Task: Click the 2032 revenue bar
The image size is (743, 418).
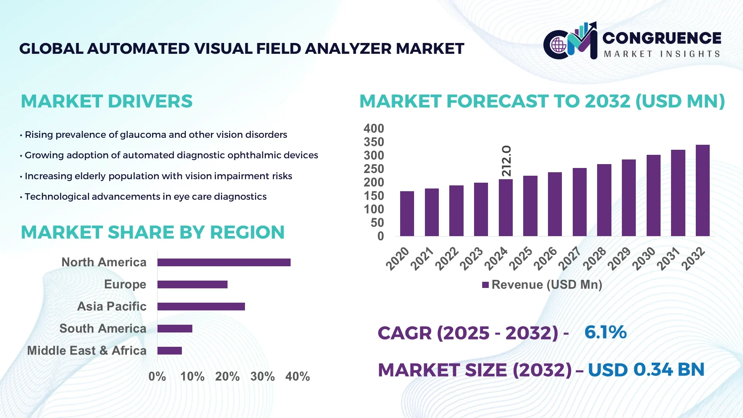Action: [702, 190]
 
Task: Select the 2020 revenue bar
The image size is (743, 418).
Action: [407, 214]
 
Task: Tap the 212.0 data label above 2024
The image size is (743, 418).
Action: [506, 161]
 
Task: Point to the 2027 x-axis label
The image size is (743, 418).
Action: [570, 258]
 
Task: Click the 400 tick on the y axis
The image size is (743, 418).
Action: [373, 128]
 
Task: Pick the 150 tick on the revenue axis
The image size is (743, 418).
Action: [373, 196]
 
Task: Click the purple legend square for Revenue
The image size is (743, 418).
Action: [485, 285]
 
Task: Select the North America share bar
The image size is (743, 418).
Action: [224, 262]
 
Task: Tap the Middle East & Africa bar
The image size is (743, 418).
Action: [169, 351]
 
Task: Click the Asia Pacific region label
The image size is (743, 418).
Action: [111, 307]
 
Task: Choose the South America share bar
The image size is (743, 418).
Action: [175, 329]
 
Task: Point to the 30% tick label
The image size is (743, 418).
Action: [262, 377]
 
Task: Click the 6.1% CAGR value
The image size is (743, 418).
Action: [605, 332]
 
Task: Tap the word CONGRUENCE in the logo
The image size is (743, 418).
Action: [662, 38]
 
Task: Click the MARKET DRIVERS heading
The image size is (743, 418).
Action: [106, 101]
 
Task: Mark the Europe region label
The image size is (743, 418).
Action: [125, 284]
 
